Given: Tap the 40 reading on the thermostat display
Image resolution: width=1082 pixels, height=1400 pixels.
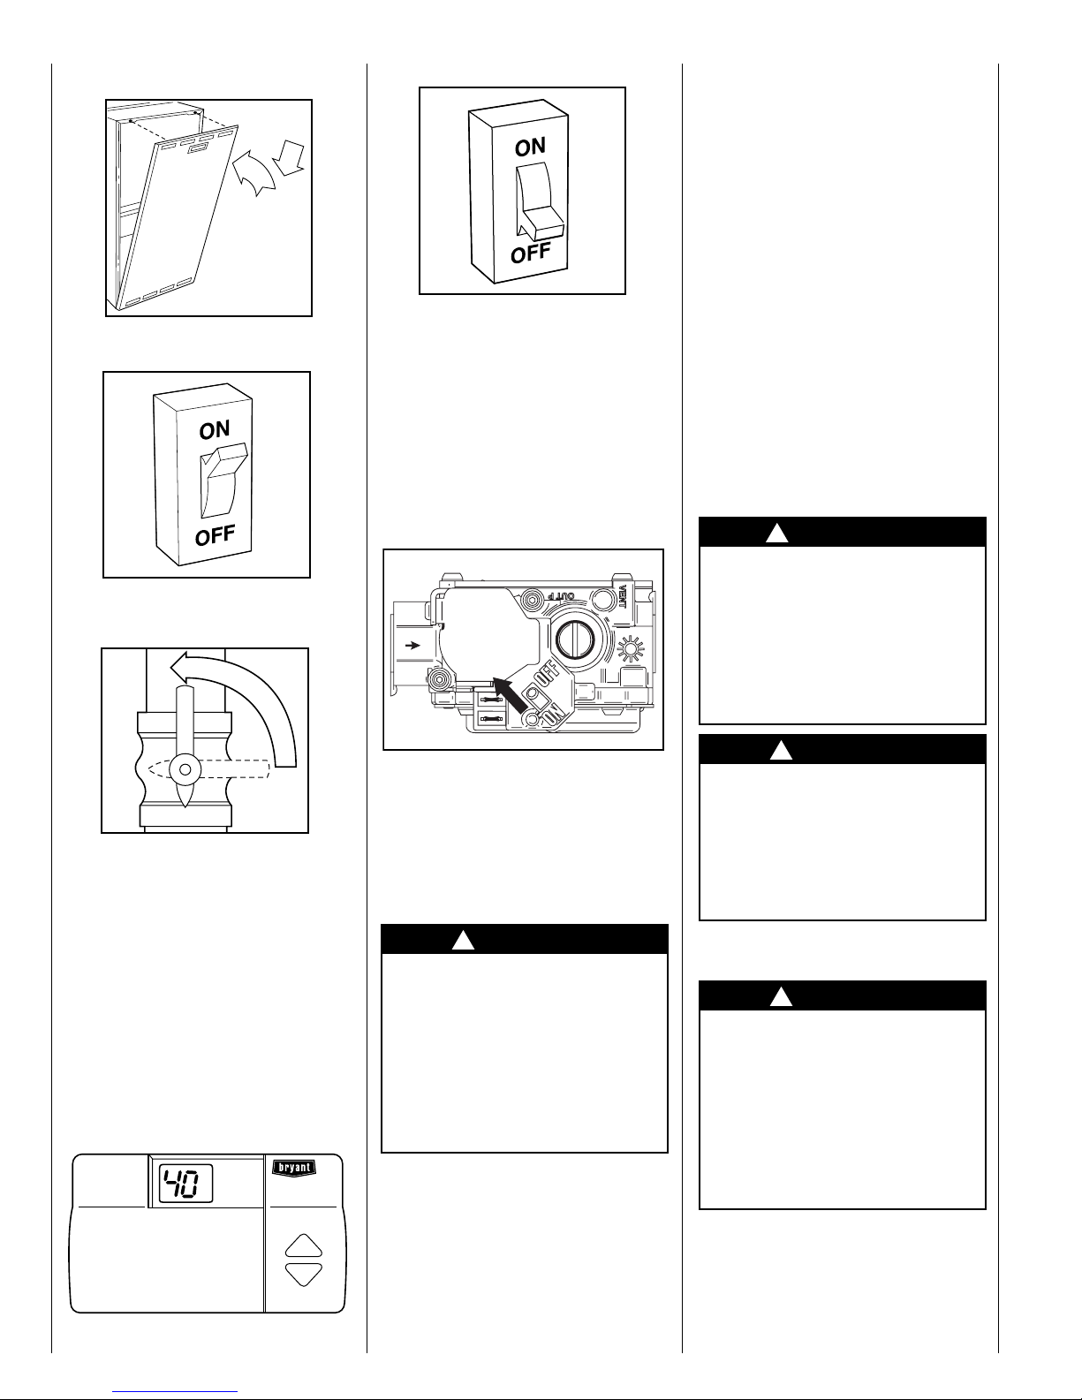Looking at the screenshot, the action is coord(185,1183).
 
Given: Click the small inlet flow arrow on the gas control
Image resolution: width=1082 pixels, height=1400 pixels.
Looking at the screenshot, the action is coord(412,646).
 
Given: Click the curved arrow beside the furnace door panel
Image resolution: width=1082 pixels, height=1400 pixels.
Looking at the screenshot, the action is coord(254,177).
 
